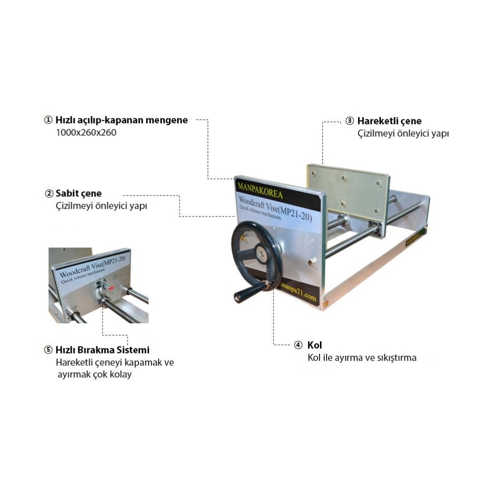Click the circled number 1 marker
(48, 120)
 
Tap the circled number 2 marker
(49, 193)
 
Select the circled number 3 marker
(350, 121)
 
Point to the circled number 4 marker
(298, 345)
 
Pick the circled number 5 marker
(48, 350)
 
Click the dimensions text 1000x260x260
(86, 133)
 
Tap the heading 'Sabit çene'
(79, 193)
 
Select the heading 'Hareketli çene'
(389, 121)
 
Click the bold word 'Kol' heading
(314, 345)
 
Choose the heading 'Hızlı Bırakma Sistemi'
(102, 350)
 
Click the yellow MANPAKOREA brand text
(260, 191)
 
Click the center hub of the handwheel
(261, 252)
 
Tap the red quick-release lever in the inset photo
(111, 288)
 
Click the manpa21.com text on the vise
(298, 292)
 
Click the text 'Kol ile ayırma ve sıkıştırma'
(362, 357)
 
